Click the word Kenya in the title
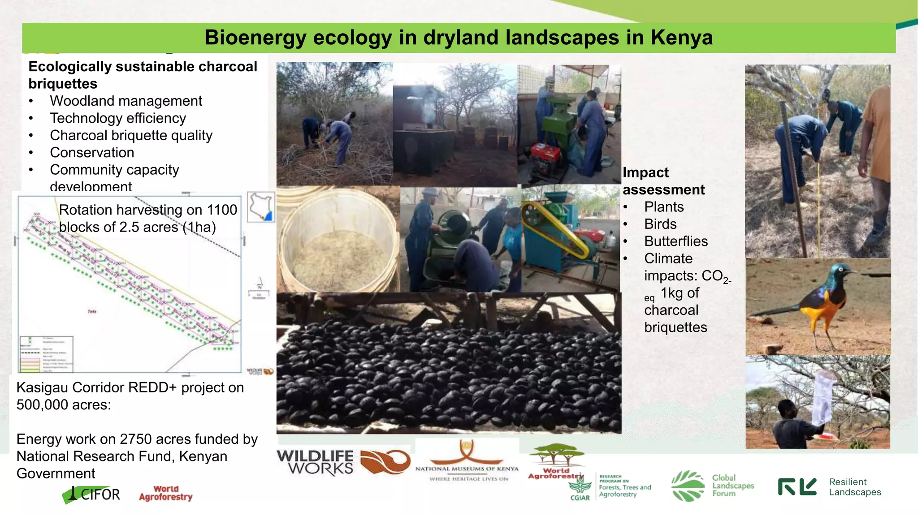681,38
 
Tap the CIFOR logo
92,494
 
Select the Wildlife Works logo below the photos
343,462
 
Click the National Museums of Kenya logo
467,461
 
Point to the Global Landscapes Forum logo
713,486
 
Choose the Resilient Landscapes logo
829,487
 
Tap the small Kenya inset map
261,206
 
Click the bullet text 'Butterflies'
676,241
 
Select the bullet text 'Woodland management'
126,101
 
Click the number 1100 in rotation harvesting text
221,210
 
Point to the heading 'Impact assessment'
663,181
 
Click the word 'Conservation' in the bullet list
92,153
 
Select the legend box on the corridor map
46,354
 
